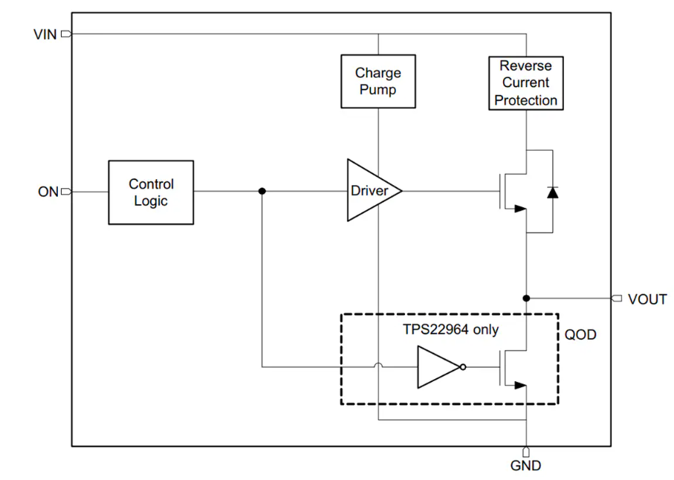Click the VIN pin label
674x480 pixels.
click(x=45, y=34)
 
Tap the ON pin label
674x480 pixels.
click(x=48, y=192)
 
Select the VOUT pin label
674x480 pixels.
click(x=647, y=299)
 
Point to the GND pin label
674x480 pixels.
click(x=525, y=467)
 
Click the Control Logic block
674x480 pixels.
click(x=151, y=192)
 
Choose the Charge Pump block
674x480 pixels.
click(x=377, y=82)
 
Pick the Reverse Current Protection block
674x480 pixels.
click(x=526, y=82)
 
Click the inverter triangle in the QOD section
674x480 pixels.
click(x=436, y=367)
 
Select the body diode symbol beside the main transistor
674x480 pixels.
click(x=551, y=192)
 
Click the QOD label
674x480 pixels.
click(x=580, y=335)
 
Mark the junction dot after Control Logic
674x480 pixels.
click(x=262, y=192)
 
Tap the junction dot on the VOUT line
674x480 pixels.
click(x=526, y=299)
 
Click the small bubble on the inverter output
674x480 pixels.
click(x=463, y=367)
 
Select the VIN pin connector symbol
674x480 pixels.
click(x=66, y=34)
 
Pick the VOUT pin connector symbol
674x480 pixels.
click(x=616, y=299)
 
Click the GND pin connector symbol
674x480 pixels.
click(x=526, y=452)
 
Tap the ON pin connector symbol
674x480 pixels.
click(x=66, y=192)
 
